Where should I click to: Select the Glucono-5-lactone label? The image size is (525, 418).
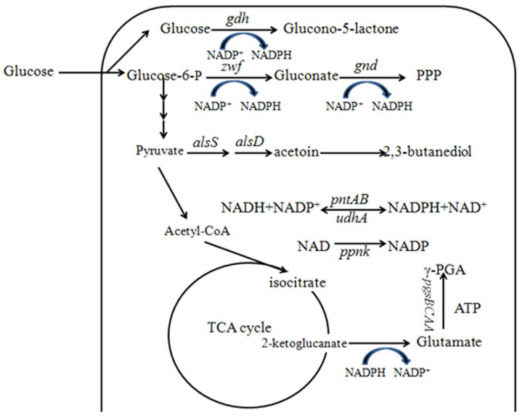(341, 30)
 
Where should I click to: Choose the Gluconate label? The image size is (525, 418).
(309, 74)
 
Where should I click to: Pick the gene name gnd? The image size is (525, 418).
(371, 65)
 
